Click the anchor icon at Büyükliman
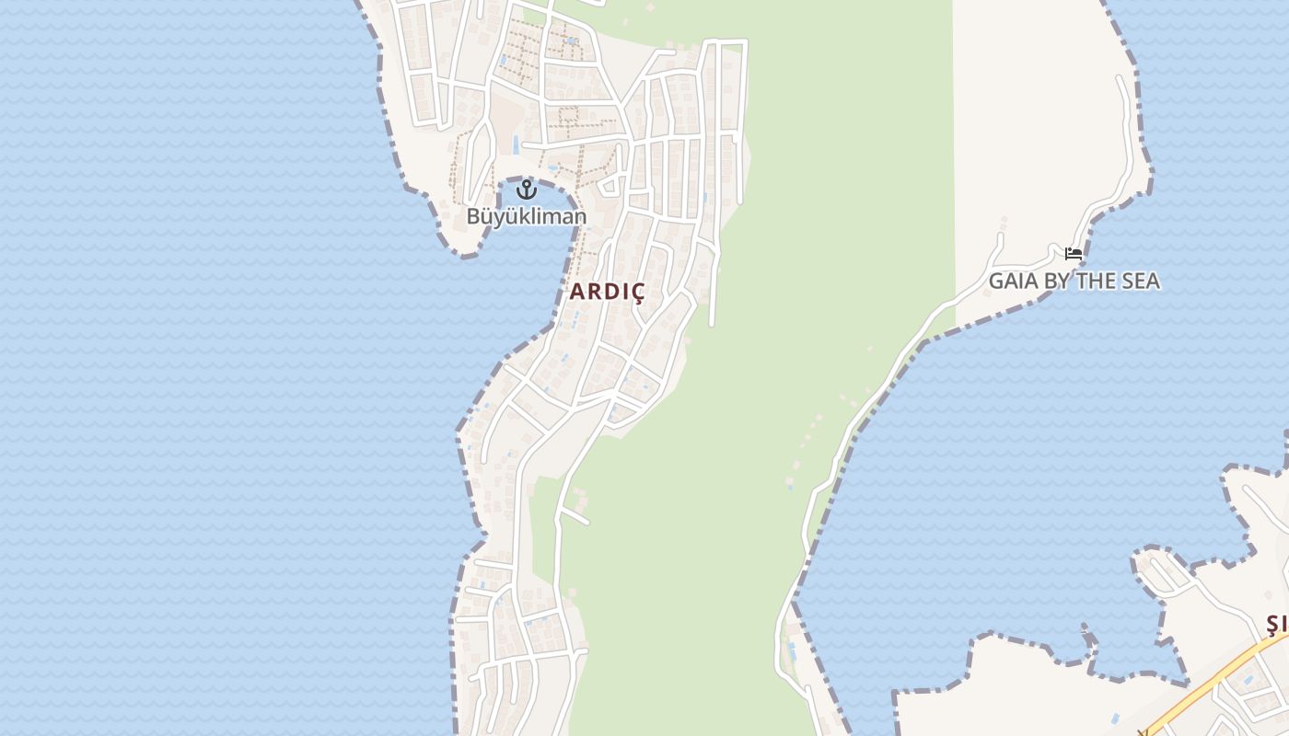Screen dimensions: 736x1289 [x=527, y=190]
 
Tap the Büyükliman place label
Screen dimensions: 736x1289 [x=526, y=217]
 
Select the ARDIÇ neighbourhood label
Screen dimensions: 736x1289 [x=607, y=292]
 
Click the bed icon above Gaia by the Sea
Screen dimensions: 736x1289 [x=1074, y=253]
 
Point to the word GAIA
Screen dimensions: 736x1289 [x=1012, y=281]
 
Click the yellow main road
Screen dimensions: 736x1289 [x=1215, y=681]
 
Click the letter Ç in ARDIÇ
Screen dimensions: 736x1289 [x=636, y=293]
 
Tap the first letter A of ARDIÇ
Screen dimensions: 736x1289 [x=577, y=292]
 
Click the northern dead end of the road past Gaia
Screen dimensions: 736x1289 [x=1121, y=80]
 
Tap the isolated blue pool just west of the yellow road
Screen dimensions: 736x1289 [x=1114, y=718]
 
